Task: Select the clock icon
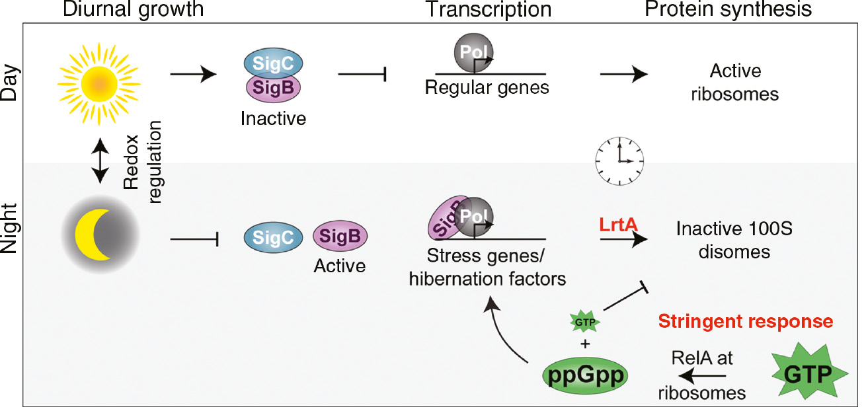point(619,161)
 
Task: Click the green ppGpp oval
point(585,375)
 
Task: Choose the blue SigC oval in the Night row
point(272,237)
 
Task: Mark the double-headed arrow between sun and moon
point(99,161)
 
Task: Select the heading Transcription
point(489,10)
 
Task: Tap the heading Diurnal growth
point(132,10)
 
